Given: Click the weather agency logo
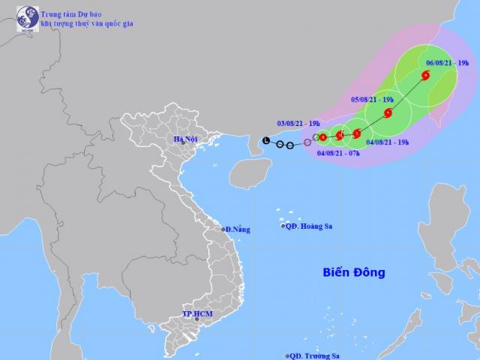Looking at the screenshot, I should (x=27, y=16).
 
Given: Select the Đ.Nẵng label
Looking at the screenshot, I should (x=238, y=229).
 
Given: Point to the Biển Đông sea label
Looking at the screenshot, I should (x=355, y=272).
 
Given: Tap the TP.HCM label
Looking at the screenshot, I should (x=198, y=313).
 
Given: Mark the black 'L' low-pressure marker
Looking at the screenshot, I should (x=266, y=140).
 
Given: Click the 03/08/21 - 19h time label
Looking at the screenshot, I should (x=298, y=123).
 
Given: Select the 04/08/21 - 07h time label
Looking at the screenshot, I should (x=338, y=153).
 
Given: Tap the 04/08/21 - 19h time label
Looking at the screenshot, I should (x=388, y=142).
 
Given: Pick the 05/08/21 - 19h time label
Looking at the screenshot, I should (x=373, y=98).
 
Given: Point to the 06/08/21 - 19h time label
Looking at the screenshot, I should (x=446, y=64).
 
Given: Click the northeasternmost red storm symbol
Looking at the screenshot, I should (x=426, y=75).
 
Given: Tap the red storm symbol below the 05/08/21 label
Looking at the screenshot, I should (x=388, y=113).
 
